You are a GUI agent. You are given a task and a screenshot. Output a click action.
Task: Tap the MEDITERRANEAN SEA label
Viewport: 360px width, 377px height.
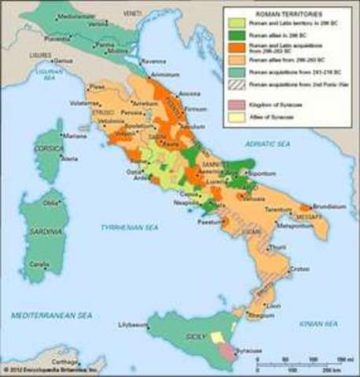point(52,315)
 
